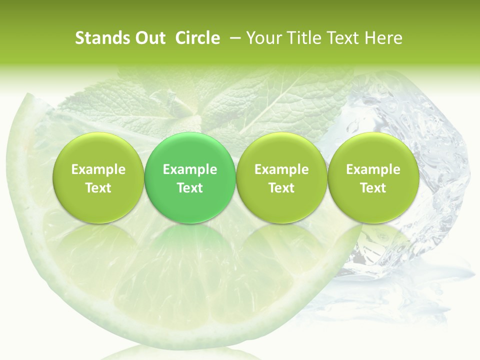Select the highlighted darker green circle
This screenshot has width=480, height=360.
(190, 178)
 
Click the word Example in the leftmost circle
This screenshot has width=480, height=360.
(98, 169)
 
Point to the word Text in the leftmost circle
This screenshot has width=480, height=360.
(98, 188)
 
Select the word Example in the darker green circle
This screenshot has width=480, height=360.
(190, 169)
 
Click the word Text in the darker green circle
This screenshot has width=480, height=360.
(190, 188)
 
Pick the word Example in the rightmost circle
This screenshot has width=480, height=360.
(373, 169)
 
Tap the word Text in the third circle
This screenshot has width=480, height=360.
(281, 188)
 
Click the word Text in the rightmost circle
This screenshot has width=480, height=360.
(373, 188)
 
